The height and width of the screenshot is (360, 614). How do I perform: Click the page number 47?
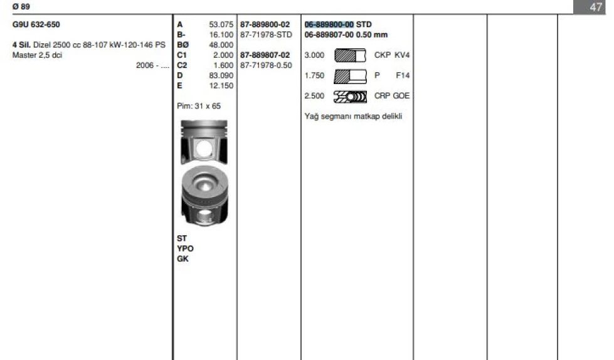click(596, 7)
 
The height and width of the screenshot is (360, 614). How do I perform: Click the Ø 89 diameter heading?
click(21, 7)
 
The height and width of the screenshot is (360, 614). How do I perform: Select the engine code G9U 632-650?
click(36, 24)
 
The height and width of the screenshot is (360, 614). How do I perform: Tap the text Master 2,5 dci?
click(37, 55)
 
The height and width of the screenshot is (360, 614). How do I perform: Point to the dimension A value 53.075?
click(221, 24)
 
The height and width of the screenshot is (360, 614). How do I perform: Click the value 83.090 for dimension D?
click(221, 75)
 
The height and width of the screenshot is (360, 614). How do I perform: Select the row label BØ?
click(183, 45)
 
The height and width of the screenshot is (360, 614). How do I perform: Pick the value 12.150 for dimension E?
click(221, 85)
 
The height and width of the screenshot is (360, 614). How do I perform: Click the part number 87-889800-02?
click(265, 24)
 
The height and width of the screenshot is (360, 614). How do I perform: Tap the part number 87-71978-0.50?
click(267, 65)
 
